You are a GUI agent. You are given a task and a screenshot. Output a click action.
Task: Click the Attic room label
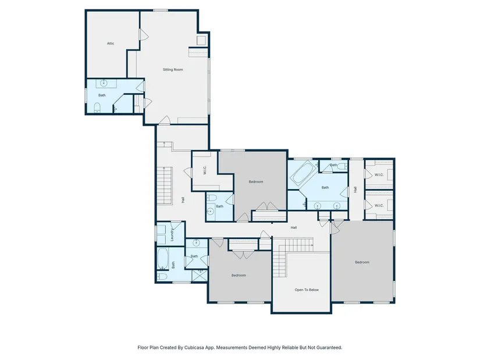[x=111, y=44]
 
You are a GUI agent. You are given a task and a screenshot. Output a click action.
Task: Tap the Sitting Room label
[x=173, y=70]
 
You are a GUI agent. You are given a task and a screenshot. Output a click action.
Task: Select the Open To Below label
[x=307, y=290]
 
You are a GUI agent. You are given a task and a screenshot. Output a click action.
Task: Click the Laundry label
[x=172, y=235]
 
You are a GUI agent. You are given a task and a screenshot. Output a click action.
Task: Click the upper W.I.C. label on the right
[x=379, y=175]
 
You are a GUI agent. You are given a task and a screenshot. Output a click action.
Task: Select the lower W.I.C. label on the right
[x=379, y=205]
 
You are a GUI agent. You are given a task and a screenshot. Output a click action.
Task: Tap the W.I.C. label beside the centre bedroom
[x=205, y=170]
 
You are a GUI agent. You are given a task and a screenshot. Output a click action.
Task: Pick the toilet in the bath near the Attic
[x=97, y=108]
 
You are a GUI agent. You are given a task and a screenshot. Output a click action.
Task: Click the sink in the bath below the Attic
[x=104, y=83]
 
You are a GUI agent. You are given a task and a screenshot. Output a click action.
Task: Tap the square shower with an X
[x=200, y=276]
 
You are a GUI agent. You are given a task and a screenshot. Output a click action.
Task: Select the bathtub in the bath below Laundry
[x=162, y=258]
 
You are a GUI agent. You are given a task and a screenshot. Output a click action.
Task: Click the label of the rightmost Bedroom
[x=362, y=262]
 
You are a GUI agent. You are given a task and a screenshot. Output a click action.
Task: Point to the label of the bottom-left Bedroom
[x=239, y=276]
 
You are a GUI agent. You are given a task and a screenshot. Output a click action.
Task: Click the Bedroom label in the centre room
[x=256, y=182]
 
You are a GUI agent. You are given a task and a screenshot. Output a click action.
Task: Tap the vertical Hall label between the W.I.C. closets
[x=355, y=190]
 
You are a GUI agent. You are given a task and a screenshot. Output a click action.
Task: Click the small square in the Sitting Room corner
[x=201, y=40]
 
